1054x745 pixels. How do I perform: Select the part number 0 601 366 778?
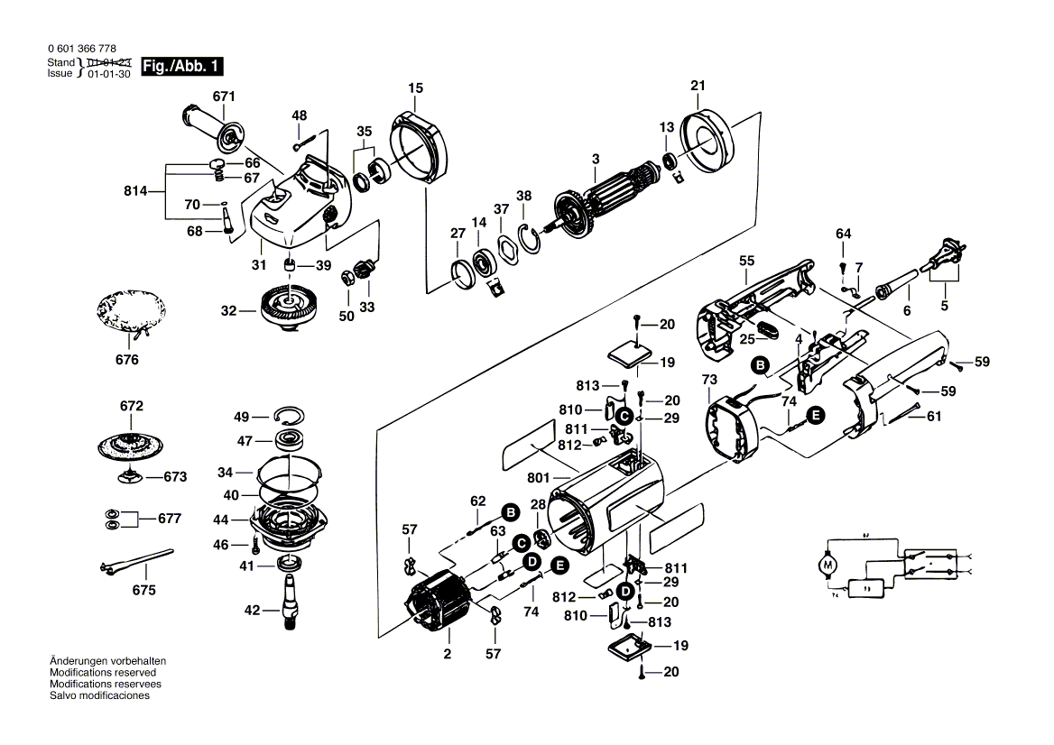click(x=80, y=49)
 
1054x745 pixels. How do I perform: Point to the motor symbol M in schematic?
click(x=826, y=565)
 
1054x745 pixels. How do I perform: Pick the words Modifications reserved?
click(x=103, y=673)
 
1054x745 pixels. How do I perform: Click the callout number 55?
click(x=746, y=261)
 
